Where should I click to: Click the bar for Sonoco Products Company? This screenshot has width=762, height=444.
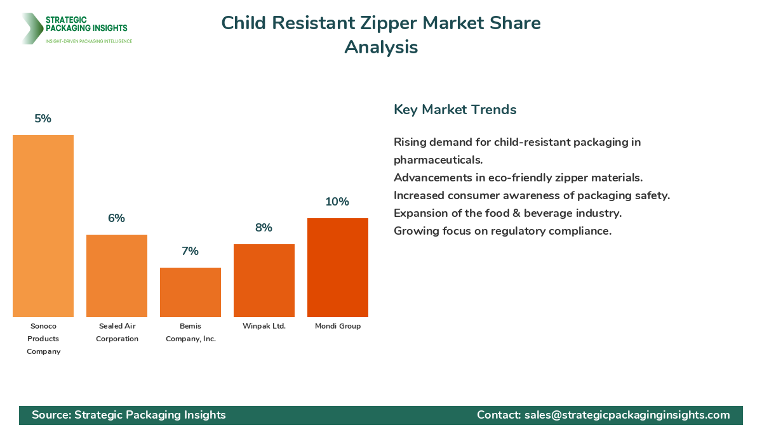[x=43, y=226]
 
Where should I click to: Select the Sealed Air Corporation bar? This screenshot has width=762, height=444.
[x=117, y=276]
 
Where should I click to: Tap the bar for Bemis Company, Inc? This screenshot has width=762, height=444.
[x=190, y=292]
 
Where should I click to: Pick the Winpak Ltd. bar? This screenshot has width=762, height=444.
[x=264, y=280]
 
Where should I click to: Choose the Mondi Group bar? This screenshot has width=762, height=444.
[x=338, y=268]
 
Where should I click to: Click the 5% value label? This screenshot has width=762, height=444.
[x=43, y=119]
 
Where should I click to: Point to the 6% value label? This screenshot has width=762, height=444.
[x=117, y=218]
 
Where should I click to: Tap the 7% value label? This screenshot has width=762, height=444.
[x=190, y=251]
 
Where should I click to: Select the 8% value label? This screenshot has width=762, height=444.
[x=264, y=228]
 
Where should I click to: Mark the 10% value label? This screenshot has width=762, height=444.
[x=338, y=202]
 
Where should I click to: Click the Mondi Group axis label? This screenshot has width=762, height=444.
[x=338, y=326]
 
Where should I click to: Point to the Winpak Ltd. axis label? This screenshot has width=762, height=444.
[x=264, y=326]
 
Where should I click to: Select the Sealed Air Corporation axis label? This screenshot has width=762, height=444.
[x=117, y=332]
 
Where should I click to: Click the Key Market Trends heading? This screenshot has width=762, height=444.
[x=455, y=109]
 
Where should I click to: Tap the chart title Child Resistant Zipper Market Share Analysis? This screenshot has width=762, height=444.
[x=381, y=35]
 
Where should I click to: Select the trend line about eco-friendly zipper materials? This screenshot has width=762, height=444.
[x=518, y=178]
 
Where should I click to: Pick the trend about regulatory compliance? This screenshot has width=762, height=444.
[x=502, y=231]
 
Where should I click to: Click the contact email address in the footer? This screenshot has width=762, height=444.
[x=627, y=415]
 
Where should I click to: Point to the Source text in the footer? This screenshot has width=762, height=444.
[x=129, y=415]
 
